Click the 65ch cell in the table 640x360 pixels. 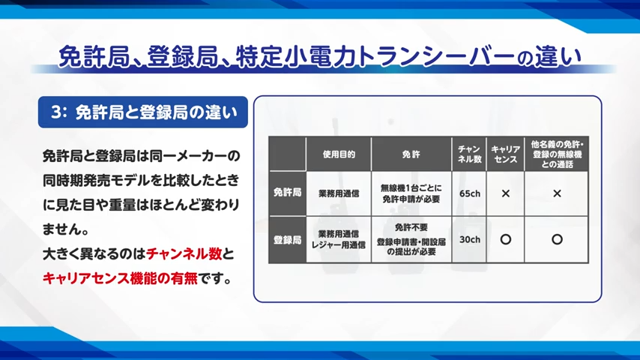[x=469, y=193]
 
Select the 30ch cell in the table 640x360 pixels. [x=469, y=239]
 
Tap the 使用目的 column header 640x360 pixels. [x=339, y=154]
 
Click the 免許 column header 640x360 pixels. [x=411, y=154]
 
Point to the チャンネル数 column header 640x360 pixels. [x=469, y=154]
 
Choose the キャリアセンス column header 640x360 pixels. [x=505, y=154]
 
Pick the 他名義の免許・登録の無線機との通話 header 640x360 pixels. [x=557, y=154]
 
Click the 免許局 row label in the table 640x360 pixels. [x=287, y=193]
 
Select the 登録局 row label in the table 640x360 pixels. [x=287, y=240]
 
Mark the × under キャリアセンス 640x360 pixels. [x=505, y=193]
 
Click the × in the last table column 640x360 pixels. [x=557, y=193]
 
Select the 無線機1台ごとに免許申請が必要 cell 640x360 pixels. [x=411, y=193]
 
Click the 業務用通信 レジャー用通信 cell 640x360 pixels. [x=339, y=239]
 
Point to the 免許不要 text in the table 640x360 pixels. [x=411, y=226]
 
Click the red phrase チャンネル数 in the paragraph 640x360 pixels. [x=184, y=253]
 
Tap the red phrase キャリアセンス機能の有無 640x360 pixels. [x=120, y=278]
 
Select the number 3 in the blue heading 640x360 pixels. [x=56, y=112]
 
